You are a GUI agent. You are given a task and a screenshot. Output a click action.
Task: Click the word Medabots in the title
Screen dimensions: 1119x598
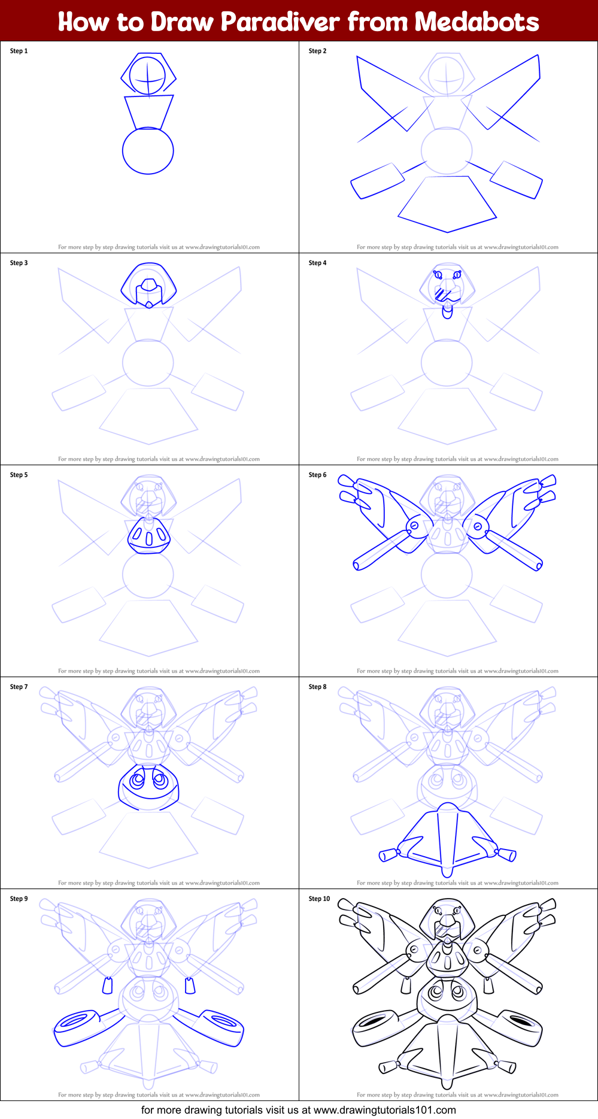(x=476, y=22)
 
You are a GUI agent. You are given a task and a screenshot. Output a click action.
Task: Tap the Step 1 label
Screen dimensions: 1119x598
(x=19, y=51)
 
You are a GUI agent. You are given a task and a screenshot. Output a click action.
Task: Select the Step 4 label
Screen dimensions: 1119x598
(x=317, y=263)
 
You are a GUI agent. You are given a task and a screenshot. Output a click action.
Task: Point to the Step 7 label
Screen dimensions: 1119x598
(x=19, y=687)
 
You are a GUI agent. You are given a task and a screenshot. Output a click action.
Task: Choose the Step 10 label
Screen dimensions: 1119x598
(x=319, y=899)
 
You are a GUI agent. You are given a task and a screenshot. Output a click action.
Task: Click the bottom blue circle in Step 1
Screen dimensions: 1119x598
(x=148, y=151)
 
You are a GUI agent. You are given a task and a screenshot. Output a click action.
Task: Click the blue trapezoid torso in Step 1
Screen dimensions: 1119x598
(x=148, y=111)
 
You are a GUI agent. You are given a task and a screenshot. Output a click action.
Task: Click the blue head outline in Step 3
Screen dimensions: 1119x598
(x=148, y=285)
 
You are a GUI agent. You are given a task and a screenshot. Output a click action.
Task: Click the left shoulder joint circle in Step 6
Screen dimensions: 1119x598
(x=414, y=526)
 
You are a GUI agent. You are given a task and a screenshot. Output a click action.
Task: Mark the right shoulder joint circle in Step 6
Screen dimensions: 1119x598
(x=478, y=526)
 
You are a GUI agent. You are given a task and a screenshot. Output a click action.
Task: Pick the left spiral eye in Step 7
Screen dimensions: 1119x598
(x=137, y=780)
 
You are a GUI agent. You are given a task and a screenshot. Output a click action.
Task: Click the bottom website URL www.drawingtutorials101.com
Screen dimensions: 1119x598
(x=385, y=1110)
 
